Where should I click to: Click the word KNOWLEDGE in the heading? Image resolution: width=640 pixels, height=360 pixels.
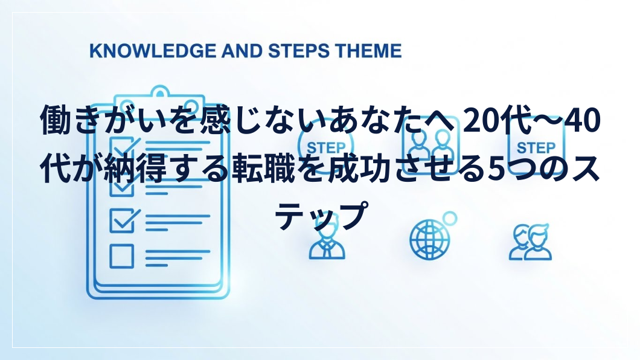(153, 51)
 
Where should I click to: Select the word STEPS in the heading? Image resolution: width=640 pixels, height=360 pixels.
(299, 51)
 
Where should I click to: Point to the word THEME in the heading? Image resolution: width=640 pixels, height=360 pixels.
(368, 51)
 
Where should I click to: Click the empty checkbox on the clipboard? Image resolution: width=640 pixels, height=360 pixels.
(121, 256)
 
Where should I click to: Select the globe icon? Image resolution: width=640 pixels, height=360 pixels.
(430, 239)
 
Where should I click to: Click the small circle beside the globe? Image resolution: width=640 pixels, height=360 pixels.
(450, 219)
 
